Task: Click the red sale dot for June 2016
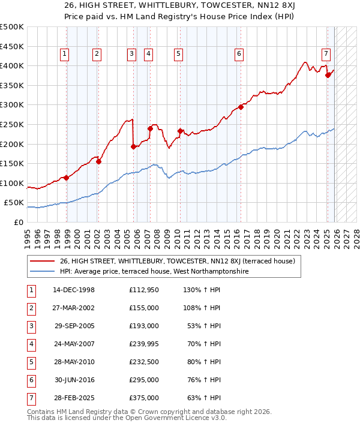(241, 107)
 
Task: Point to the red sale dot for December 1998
(67, 178)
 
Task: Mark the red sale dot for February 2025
(328, 76)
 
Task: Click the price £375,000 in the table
(144, 398)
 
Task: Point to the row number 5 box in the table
(30, 362)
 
